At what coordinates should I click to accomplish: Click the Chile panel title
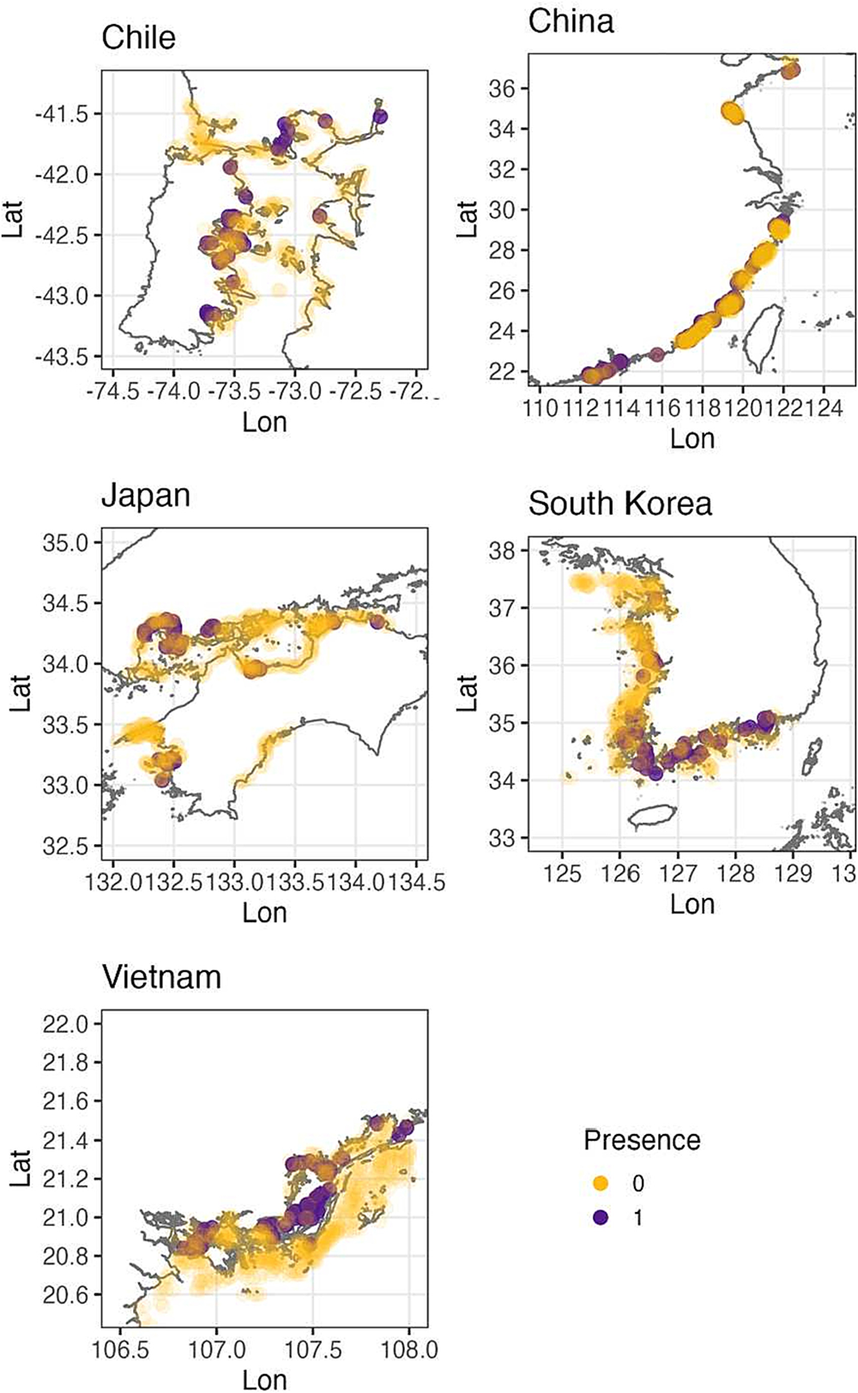click(x=138, y=37)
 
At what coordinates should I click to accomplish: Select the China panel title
click(x=571, y=21)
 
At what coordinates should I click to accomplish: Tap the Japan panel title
click(x=145, y=497)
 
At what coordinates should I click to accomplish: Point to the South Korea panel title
click(x=619, y=504)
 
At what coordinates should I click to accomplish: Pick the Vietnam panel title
click(x=161, y=977)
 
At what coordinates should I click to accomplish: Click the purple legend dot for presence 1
click(x=601, y=1217)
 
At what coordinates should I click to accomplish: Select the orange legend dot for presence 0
click(x=601, y=1184)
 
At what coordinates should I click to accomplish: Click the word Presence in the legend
click(x=642, y=1140)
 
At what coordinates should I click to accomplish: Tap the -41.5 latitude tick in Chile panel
click(x=74, y=114)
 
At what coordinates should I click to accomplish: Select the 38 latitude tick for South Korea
click(x=507, y=551)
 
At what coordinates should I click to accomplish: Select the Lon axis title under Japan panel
click(x=264, y=912)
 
